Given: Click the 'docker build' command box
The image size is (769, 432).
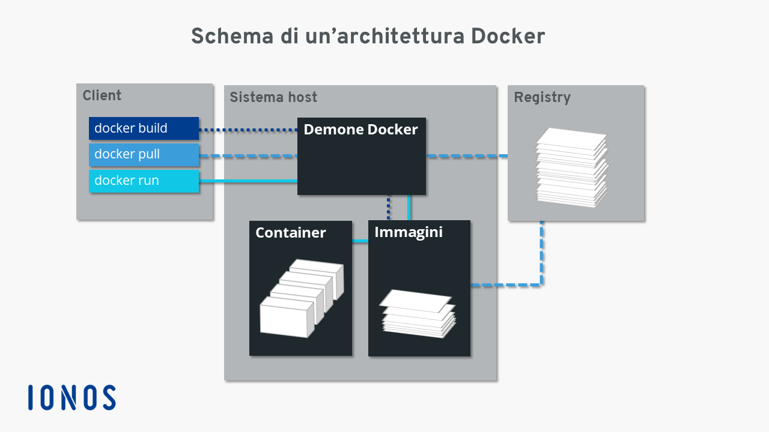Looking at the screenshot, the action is coord(144,128).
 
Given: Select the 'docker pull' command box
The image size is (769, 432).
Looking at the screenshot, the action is coord(144,155).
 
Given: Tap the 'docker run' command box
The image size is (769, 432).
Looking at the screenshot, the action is coord(144,181).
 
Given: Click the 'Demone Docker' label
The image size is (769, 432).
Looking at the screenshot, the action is coord(360,130).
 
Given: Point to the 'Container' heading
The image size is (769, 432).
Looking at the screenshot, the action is coord(290,233).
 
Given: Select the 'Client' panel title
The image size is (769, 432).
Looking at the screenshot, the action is coord(102,95).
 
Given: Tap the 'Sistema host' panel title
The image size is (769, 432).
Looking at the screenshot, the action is coord(273,97).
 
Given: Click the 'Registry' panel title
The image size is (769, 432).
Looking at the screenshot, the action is coord(542,98).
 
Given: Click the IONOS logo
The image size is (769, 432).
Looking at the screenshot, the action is coord(71,397).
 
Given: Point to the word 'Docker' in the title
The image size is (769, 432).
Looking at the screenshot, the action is coord(508,37).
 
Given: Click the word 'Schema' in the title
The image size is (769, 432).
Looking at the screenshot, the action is coord(232,37).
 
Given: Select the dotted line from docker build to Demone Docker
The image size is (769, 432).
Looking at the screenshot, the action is coord(248,130).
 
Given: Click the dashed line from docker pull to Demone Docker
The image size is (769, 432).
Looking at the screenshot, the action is coord(248,156).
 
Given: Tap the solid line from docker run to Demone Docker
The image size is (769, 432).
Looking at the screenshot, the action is coord(248,181).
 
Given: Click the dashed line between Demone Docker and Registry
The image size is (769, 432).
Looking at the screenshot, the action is coord(467,156).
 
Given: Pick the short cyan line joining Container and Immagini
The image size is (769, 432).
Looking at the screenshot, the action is coord(360,241).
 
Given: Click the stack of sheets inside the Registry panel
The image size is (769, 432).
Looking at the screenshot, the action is coord(573,167).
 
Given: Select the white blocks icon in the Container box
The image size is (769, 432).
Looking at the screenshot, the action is coord(302,298).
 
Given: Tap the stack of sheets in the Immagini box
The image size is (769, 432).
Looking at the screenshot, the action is coord(418,314).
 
